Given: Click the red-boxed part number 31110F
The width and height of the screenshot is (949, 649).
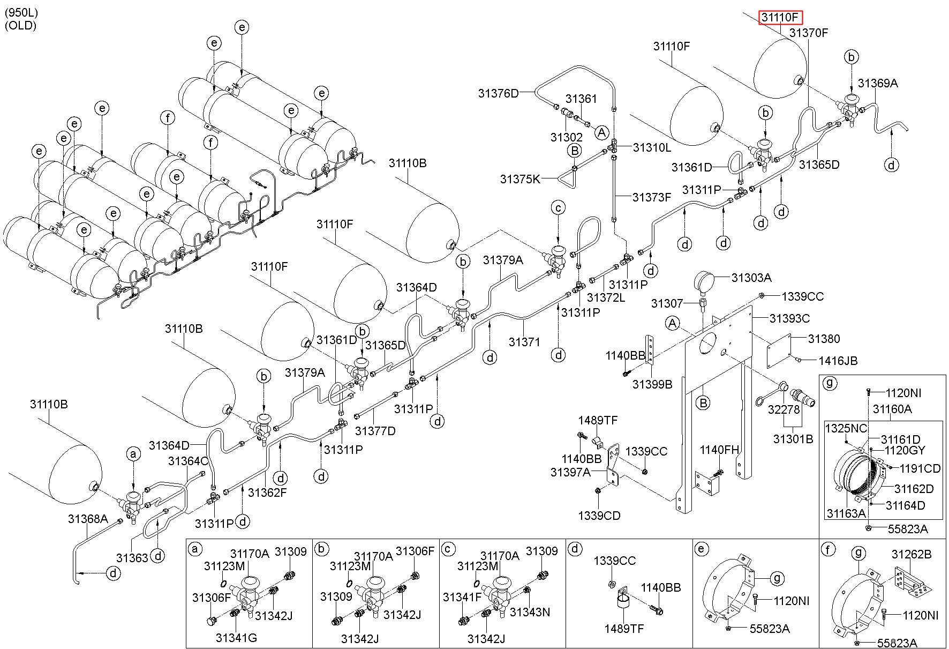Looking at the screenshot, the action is pos(780,17).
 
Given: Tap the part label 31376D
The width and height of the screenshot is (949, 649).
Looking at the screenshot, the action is pos(499,93).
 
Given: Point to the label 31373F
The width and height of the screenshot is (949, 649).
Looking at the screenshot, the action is pos(652,197).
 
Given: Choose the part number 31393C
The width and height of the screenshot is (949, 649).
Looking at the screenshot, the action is pos(789,318).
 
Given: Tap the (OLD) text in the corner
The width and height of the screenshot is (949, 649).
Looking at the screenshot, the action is pos(20,25).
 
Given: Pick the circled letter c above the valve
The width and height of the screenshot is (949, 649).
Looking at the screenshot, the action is pos(559,207).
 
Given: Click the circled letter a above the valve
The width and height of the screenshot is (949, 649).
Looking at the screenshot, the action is pos(133,454).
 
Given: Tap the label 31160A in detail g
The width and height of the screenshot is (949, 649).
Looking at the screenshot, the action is pos(892,409).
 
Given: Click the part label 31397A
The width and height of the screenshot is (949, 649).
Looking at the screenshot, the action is pos(570,472).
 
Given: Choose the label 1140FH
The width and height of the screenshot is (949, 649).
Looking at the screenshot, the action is pos(719,450).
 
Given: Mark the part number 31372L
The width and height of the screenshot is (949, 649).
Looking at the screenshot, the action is pos(606,296).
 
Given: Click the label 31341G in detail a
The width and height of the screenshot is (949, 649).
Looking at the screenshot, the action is pos(237,638).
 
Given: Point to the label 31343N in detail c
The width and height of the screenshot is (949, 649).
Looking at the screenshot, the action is pos(530,611).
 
